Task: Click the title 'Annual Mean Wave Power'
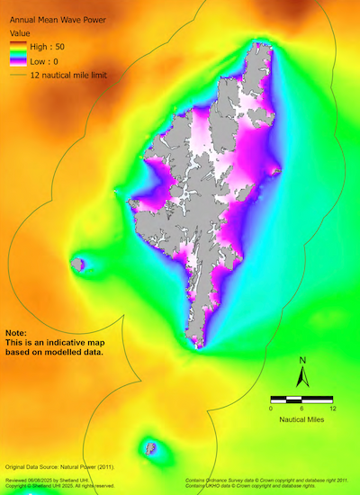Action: (57, 16)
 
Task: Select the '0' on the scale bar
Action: (271, 408)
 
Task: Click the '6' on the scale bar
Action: (302, 408)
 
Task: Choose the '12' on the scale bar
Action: (333, 408)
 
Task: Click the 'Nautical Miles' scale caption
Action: (302, 420)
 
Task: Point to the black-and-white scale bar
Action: (302, 397)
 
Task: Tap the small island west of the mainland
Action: (78, 264)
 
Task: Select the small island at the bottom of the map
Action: (149, 446)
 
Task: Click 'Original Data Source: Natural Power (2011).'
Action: (61, 469)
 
